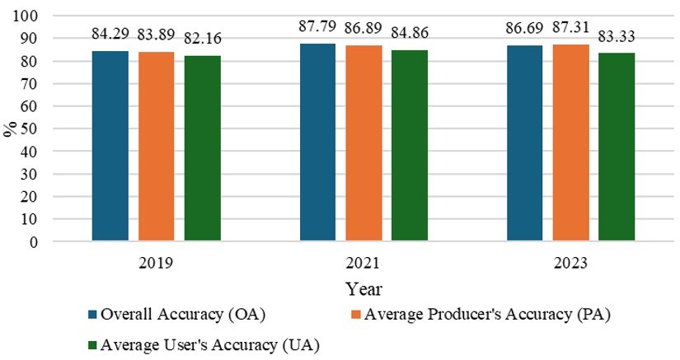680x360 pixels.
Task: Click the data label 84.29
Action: click(109, 35)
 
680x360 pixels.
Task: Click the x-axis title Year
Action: click(363, 289)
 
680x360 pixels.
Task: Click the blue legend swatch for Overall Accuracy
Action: click(93, 314)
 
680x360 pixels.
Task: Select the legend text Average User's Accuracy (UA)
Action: click(209, 344)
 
